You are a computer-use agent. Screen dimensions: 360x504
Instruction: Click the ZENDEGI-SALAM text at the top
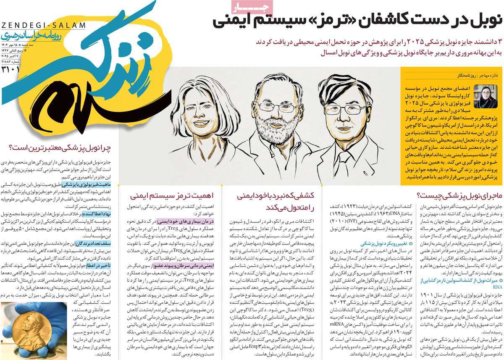tap(43, 25)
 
